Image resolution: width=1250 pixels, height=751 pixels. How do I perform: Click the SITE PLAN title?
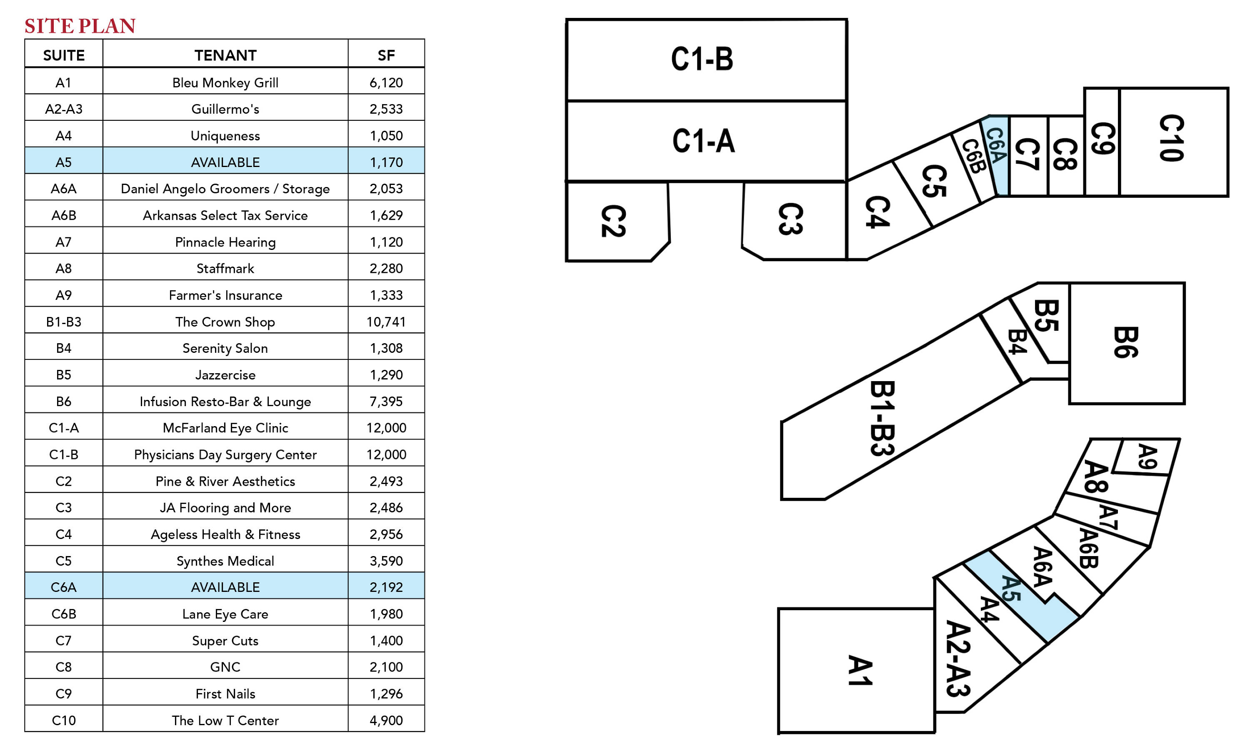[x=80, y=26]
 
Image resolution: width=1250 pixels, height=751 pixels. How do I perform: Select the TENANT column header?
[x=225, y=55]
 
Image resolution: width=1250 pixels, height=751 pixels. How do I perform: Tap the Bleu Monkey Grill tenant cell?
[x=225, y=82]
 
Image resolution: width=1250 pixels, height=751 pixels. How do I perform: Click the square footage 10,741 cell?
[x=386, y=322]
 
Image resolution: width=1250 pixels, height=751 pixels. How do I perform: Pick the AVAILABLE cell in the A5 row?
[x=225, y=162]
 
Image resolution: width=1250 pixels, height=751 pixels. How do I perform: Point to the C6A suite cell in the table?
[x=63, y=587]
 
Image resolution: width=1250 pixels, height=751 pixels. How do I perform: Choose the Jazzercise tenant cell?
[x=225, y=375]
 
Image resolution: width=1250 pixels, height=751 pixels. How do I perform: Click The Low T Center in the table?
[x=225, y=720]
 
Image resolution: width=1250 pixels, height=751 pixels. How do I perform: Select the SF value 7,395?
[x=386, y=401]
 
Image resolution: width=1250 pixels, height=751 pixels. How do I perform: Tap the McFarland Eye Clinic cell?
[x=225, y=428]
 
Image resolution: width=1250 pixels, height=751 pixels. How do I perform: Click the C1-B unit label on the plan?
[x=702, y=59]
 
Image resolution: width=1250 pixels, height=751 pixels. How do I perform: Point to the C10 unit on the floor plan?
[x=1172, y=138]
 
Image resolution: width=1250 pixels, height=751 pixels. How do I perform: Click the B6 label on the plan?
[x=1125, y=343]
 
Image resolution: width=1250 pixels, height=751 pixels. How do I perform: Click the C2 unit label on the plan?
[x=613, y=221]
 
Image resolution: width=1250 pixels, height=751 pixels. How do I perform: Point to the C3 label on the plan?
[x=790, y=219]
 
